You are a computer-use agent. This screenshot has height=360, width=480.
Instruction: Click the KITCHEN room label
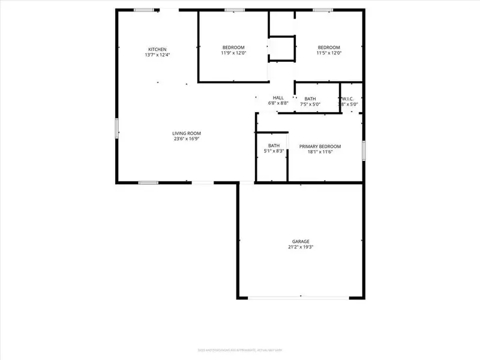pyautogui.click(x=158, y=49)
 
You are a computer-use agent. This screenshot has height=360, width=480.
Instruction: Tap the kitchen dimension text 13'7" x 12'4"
pyautogui.click(x=158, y=55)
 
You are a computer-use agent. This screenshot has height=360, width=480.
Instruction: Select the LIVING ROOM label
pyautogui.click(x=187, y=133)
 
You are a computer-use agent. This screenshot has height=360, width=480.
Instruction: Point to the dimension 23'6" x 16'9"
pyautogui.click(x=187, y=139)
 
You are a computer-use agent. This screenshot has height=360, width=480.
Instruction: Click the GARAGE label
pyautogui.click(x=301, y=241)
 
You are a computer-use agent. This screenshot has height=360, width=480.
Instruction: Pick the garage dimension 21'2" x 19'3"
pyautogui.click(x=301, y=247)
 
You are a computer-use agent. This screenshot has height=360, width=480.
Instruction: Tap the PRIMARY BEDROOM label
pyautogui.click(x=320, y=146)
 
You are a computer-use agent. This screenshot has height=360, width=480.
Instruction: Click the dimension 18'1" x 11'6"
pyautogui.click(x=320, y=152)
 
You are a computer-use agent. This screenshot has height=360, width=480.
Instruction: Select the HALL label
pyautogui.click(x=278, y=98)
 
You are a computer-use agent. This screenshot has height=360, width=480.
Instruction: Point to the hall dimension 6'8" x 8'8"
pyautogui.click(x=278, y=104)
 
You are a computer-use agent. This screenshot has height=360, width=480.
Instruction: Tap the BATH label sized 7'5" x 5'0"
pyautogui.click(x=310, y=99)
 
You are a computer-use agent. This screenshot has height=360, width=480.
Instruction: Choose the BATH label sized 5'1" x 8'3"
pyautogui.click(x=274, y=145)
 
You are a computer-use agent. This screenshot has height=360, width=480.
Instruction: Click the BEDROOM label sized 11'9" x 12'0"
pyautogui.click(x=233, y=47)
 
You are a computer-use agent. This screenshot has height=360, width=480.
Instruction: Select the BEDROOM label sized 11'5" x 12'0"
pyautogui.click(x=329, y=47)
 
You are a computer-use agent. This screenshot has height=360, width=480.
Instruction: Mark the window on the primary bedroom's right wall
pyautogui.click(x=364, y=150)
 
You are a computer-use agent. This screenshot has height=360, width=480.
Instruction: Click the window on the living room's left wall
pyautogui.click(x=116, y=128)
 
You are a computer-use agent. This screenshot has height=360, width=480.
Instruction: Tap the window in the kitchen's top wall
pyautogui.click(x=143, y=10)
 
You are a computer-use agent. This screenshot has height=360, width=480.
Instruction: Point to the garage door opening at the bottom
pyautogui.click(x=301, y=297)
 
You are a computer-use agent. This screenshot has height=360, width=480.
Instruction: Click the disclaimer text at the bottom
pyautogui.click(x=240, y=350)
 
